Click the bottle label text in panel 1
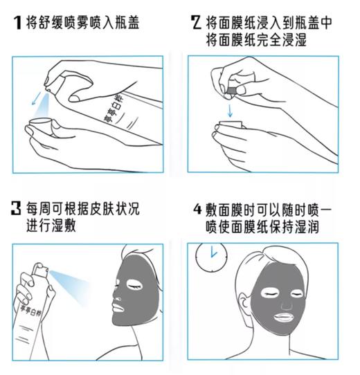(x=114, y=110)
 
